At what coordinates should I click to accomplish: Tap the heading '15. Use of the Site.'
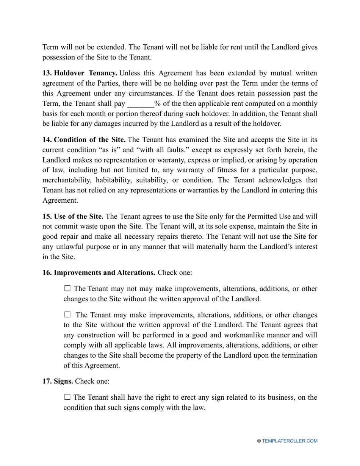pyautogui.click(x=73, y=216)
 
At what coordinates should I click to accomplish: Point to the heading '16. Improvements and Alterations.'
pyautogui.click(x=99, y=273)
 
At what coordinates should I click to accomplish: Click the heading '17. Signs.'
pyautogui.click(x=58, y=381)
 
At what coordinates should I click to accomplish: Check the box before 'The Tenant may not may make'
pyautogui.click(x=67, y=289)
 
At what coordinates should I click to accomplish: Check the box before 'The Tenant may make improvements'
pyautogui.click(x=67, y=315)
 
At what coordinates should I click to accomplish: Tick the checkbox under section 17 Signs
pyautogui.click(x=67, y=397)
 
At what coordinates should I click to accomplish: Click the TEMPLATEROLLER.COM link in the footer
pyautogui.click(x=290, y=441)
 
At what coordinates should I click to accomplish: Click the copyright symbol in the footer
pyautogui.click(x=259, y=441)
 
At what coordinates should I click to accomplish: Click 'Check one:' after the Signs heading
pyautogui.click(x=92, y=381)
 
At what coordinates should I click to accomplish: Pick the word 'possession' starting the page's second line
pyautogui.click(x=59, y=57)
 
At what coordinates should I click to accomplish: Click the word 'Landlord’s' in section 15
pyautogui.click(x=277, y=247)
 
